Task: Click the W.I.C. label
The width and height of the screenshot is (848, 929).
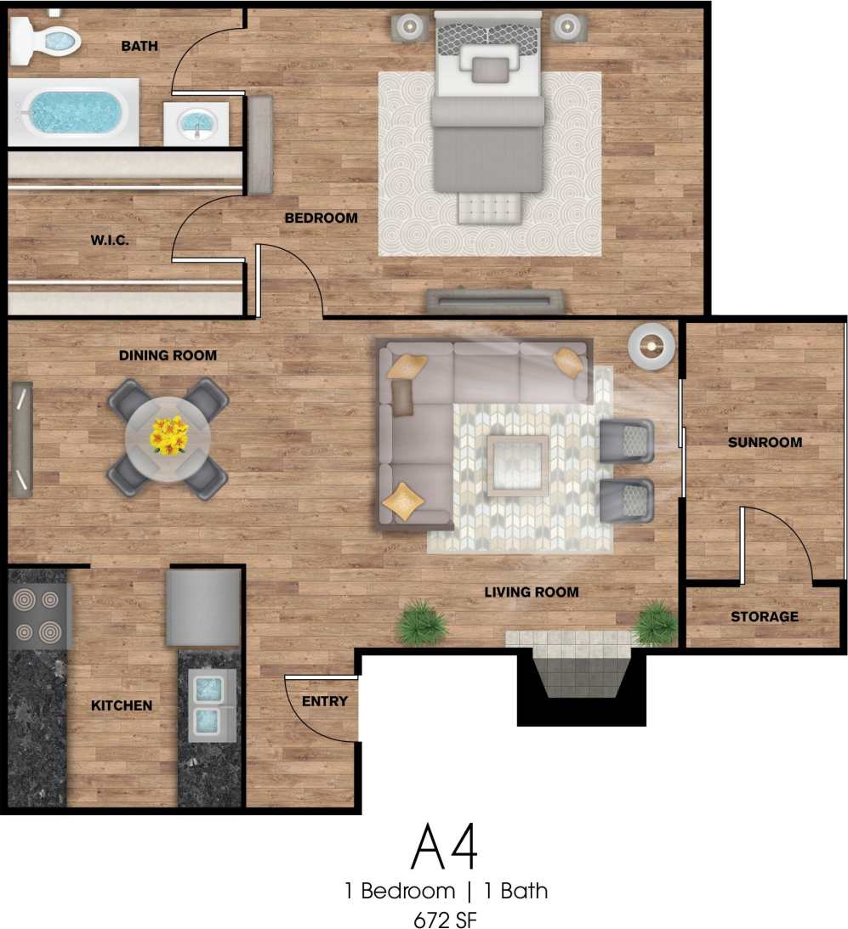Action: (x=110, y=241)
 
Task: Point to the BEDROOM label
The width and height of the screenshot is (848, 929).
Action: (x=321, y=218)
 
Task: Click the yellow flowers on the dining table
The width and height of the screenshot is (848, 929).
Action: (x=168, y=436)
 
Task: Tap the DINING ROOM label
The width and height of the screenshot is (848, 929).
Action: (x=168, y=355)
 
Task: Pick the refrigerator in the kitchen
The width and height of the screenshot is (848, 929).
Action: (x=204, y=607)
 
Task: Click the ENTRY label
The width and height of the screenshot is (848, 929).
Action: (x=325, y=701)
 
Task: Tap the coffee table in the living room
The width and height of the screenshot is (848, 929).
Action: (x=517, y=465)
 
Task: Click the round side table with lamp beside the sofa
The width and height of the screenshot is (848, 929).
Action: (x=652, y=347)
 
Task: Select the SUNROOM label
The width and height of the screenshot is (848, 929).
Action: (x=765, y=442)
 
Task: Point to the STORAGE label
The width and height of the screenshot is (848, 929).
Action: (x=765, y=616)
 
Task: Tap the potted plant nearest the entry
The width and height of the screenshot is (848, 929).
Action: (x=422, y=624)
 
